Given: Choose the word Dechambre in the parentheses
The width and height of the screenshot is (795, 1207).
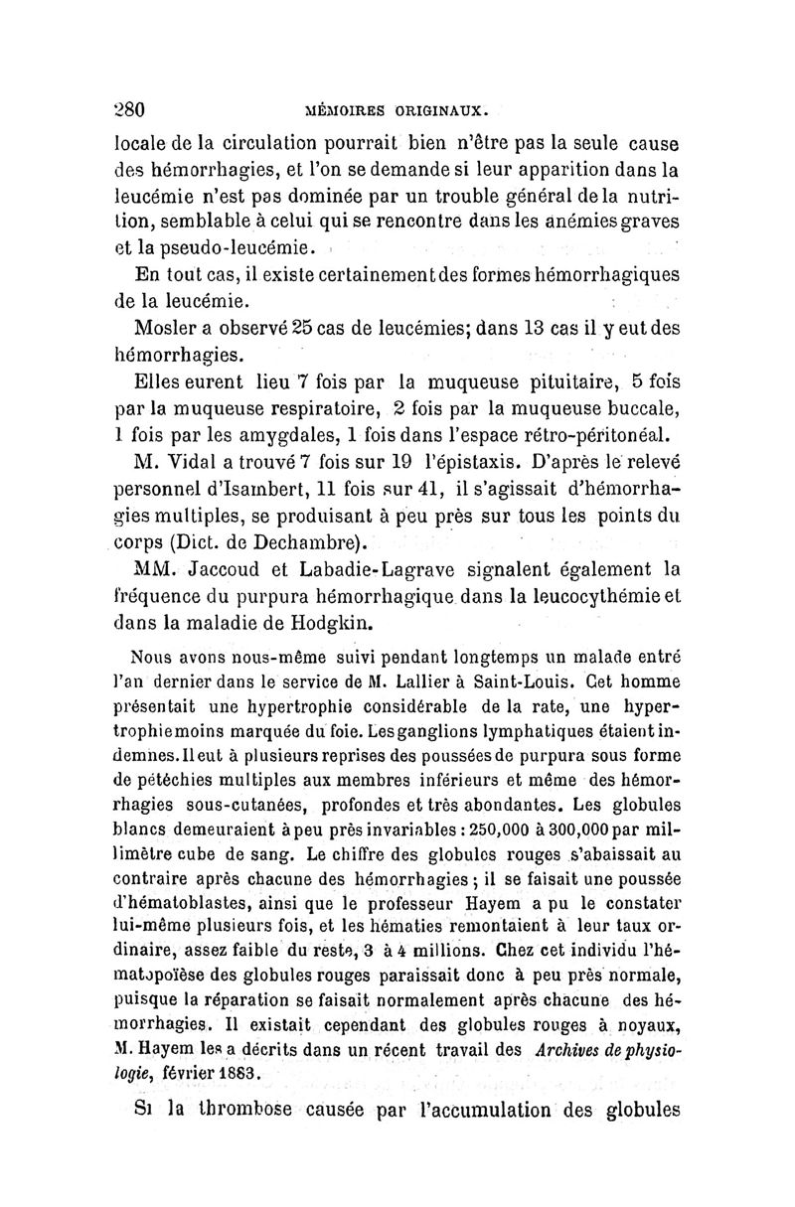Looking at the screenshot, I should coord(304,543).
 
